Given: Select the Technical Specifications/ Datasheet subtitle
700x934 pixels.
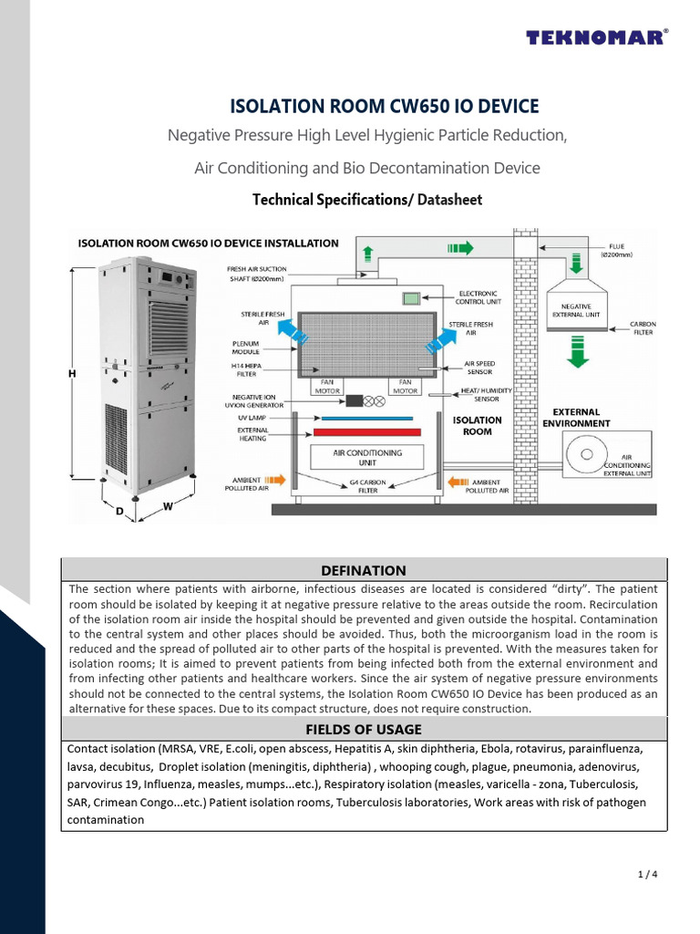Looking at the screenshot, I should click(x=366, y=199).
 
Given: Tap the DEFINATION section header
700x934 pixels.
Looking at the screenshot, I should click(x=364, y=570).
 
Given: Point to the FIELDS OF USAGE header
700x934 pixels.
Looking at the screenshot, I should click(x=364, y=729).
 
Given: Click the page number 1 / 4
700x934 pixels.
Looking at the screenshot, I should click(x=647, y=875).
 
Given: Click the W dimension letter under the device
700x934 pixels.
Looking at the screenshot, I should click(x=168, y=506).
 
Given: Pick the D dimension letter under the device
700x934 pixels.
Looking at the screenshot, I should click(x=119, y=513).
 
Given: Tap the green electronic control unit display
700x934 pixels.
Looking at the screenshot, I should click(x=411, y=298).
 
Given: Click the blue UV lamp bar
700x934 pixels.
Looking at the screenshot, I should click(x=366, y=419).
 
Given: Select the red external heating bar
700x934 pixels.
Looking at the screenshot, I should click(x=366, y=431).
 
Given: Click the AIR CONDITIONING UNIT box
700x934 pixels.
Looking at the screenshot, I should click(x=366, y=457).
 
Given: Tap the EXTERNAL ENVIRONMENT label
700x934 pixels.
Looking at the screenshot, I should click(x=576, y=418).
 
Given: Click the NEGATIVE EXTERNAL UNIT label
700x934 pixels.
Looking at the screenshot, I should click(x=576, y=310).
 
